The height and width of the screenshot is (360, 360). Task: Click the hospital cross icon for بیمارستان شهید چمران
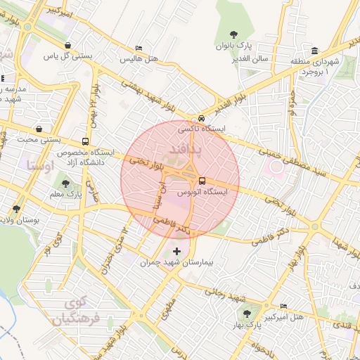tap(176, 251)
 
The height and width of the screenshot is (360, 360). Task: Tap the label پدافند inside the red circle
tap(186, 149)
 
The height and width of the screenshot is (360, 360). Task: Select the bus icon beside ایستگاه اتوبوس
tap(202, 181)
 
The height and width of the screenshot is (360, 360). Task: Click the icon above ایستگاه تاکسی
tap(202, 119)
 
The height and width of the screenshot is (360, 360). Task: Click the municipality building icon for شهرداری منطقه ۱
tap(314, 51)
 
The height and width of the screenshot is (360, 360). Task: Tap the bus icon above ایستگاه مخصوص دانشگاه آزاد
tap(85, 141)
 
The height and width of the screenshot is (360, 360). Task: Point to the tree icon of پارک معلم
tap(65, 184)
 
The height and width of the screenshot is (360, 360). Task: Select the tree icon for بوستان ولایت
tap(16, 209)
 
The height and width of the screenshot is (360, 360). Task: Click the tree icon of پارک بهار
tap(246, 314)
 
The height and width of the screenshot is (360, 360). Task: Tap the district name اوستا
tap(39, 166)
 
